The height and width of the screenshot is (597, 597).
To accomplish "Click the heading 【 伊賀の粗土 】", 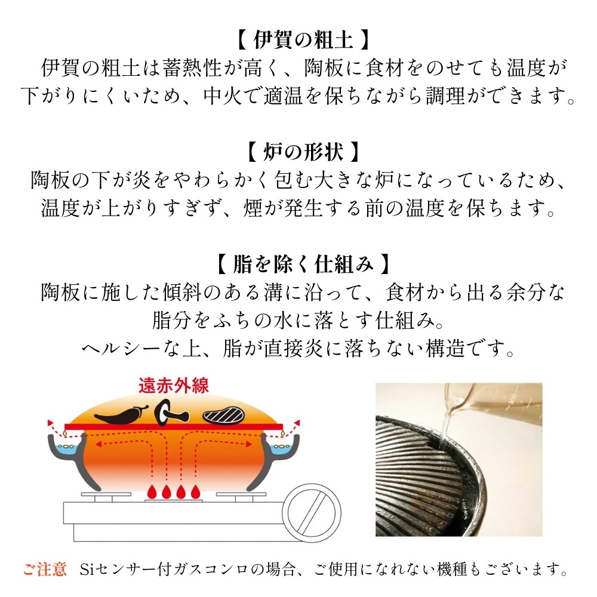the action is (303, 39).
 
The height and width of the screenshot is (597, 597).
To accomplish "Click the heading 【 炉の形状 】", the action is (303, 152).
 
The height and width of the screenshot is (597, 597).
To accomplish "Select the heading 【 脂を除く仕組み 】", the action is (303, 263).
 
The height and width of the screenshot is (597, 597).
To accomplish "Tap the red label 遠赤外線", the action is (174, 386).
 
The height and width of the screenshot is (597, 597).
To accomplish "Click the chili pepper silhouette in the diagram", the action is (121, 415).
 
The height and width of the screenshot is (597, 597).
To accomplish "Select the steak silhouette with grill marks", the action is (223, 415).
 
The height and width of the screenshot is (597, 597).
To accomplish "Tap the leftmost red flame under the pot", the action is (152, 491).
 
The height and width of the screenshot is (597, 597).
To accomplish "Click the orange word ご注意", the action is (45, 570).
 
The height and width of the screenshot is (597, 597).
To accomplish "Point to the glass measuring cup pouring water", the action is (491, 404).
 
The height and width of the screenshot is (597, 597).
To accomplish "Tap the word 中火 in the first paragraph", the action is (223, 96).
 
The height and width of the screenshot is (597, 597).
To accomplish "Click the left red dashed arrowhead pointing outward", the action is (50, 423).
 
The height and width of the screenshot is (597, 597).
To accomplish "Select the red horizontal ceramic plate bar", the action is (174, 426).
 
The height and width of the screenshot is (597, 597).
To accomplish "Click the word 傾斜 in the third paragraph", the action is (182, 293).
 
